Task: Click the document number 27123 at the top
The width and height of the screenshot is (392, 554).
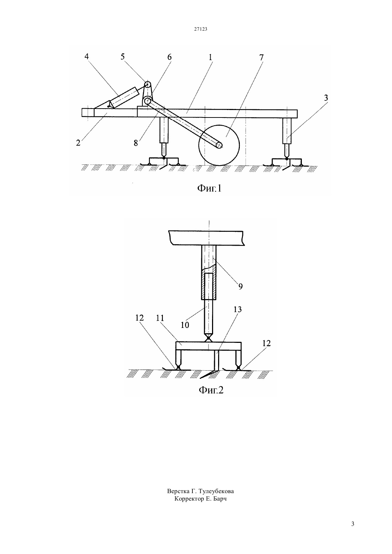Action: pyautogui.click(x=200, y=29)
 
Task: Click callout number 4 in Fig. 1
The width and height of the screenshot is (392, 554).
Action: pyautogui.click(x=86, y=56)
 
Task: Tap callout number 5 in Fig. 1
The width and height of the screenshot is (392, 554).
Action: pyautogui.click(x=123, y=57)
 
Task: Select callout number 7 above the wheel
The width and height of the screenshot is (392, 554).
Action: pyautogui.click(x=261, y=57)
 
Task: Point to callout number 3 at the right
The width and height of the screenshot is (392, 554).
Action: pyautogui.click(x=326, y=98)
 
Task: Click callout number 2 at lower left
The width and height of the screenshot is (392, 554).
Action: pyautogui.click(x=78, y=143)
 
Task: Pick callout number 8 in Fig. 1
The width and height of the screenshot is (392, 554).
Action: pyautogui.click(x=136, y=143)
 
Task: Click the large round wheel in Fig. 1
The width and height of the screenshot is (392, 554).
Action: pyautogui.click(x=219, y=145)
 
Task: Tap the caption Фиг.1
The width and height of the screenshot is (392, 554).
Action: pyautogui.click(x=209, y=188)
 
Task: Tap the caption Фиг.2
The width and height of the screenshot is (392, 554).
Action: pyautogui.click(x=211, y=390)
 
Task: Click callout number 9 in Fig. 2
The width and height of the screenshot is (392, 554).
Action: pyautogui.click(x=240, y=286)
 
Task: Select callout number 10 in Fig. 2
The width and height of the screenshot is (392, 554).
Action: pyautogui.click(x=185, y=325)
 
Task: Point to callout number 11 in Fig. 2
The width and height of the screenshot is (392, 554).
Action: pyautogui.click(x=160, y=318)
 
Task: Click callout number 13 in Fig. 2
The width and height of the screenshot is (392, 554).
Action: pyautogui.click(x=238, y=309)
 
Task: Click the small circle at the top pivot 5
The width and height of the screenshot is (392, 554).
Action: pyautogui.click(x=148, y=84)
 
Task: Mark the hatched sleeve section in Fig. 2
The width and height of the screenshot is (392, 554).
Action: pyautogui.click(x=209, y=286)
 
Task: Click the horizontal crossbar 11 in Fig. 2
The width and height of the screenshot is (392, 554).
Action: pyautogui.click(x=208, y=346)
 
